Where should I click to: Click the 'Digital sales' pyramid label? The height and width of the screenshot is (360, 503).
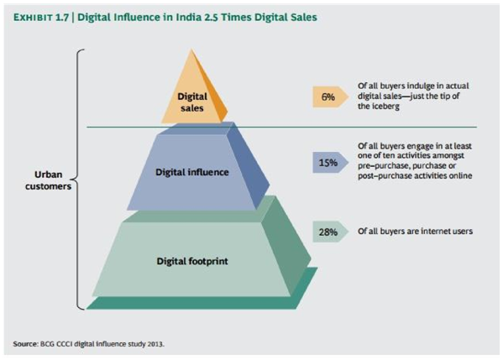tap(192, 102)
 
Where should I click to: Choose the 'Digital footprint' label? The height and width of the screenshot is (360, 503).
tap(191, 260)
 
